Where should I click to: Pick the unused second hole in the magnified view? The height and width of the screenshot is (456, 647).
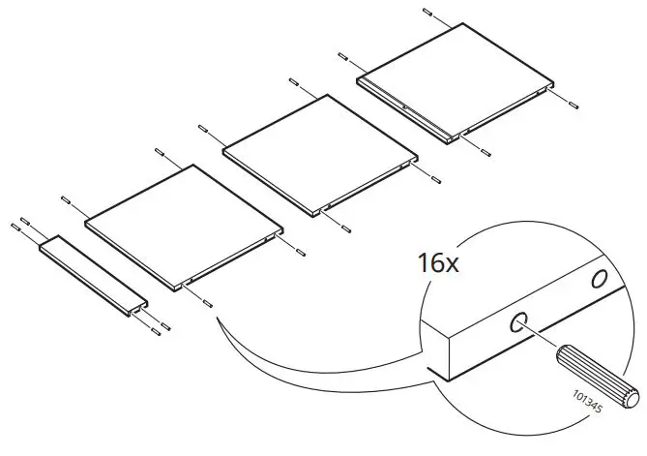coord(601,279)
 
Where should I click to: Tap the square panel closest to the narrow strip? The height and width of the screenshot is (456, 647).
coord(183,223)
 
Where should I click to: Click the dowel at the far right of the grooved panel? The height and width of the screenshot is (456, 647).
coord(573,101)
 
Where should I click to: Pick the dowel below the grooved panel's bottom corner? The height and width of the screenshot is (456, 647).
coord(483,151)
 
